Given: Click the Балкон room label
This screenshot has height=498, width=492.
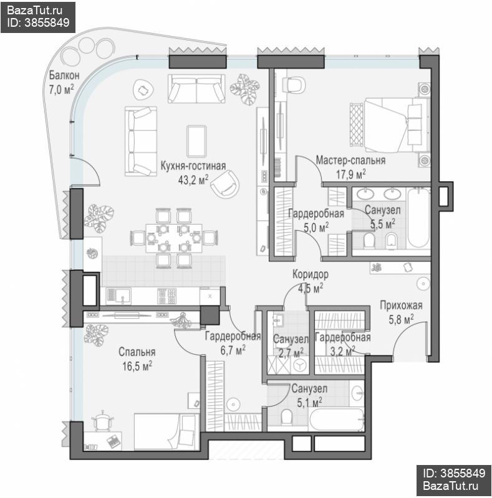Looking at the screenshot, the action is pyautogui.click(x=64, y=75).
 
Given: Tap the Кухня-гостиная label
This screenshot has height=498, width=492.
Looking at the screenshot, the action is pyautogui.click(x=193, y=166).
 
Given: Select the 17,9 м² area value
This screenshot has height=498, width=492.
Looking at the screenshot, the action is pyautogui.click(x=350, y=174).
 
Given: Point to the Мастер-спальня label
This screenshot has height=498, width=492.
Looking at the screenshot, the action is pyautogui.click(x=350, y=160).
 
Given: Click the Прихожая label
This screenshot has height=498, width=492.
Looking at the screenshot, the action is pyautogui.click(x=401, y=305).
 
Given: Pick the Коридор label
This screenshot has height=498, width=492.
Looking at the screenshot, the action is pyautogui.click(x=311, y=274).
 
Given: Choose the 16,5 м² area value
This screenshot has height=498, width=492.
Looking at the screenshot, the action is pyautogui.click(x=137, y=366).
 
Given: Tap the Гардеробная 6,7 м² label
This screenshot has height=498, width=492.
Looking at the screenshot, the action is pyautogui.click(x=233, y=343).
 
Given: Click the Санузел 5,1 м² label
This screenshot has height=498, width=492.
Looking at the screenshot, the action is pyautogui.click(x=309, y=395).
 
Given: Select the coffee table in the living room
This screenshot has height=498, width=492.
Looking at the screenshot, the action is pyautogui.click(x=196, y=141).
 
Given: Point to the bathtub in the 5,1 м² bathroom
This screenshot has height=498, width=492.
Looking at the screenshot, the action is pyautogui.click(x=337, y=419).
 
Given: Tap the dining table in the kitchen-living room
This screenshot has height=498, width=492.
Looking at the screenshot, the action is pyautogui.click(x=174, y=238).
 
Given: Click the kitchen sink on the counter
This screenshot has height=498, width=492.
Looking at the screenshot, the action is pyautogui.click(x=118, y=296).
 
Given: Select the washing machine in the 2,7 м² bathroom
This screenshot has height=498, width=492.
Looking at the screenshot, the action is pyautogui.click(x=299, y=365).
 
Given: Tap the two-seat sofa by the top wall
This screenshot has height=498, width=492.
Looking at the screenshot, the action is pyautogui.click(x=196, y=88).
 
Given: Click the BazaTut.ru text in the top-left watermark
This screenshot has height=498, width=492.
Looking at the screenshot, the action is pyautogui.click(x=35, y=10).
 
